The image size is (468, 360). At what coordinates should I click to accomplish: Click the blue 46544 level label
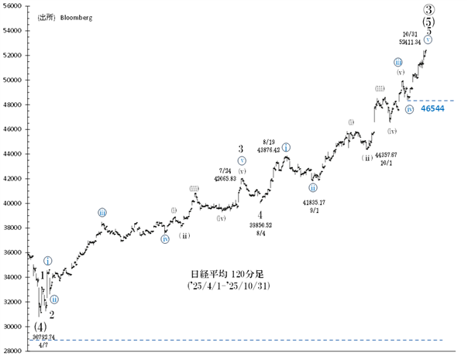(x=432, y=109)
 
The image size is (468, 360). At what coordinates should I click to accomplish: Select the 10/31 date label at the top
(x=411, y=34)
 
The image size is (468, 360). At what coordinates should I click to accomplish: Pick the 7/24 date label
(x=225, y=170)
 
